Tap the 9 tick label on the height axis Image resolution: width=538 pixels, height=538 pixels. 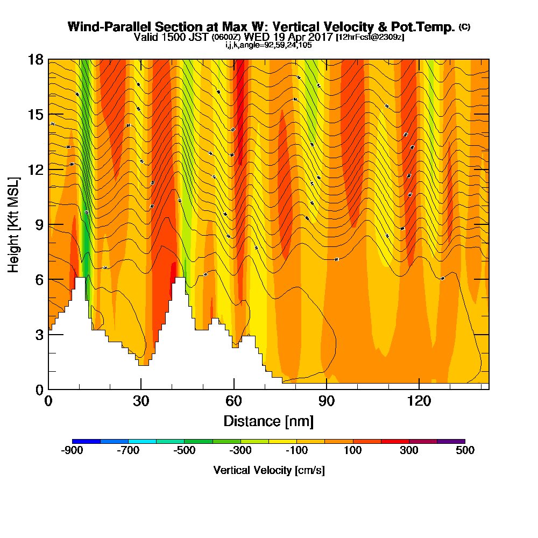39,224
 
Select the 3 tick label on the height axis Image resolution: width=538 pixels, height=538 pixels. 39,334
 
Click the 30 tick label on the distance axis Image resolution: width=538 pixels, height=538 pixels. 141,401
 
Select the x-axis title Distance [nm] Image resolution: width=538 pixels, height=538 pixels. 268,420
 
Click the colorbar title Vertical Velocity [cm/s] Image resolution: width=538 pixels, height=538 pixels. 268,470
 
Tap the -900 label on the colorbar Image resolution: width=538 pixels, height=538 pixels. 73,450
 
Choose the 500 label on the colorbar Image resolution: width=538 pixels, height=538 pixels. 465,450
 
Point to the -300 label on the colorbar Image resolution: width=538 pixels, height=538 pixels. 240,450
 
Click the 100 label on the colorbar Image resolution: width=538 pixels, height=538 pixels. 353,450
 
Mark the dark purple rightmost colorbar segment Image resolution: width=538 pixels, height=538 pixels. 451,441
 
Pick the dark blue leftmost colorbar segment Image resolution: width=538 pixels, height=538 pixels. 86,441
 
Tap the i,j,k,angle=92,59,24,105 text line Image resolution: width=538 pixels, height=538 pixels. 268,45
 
